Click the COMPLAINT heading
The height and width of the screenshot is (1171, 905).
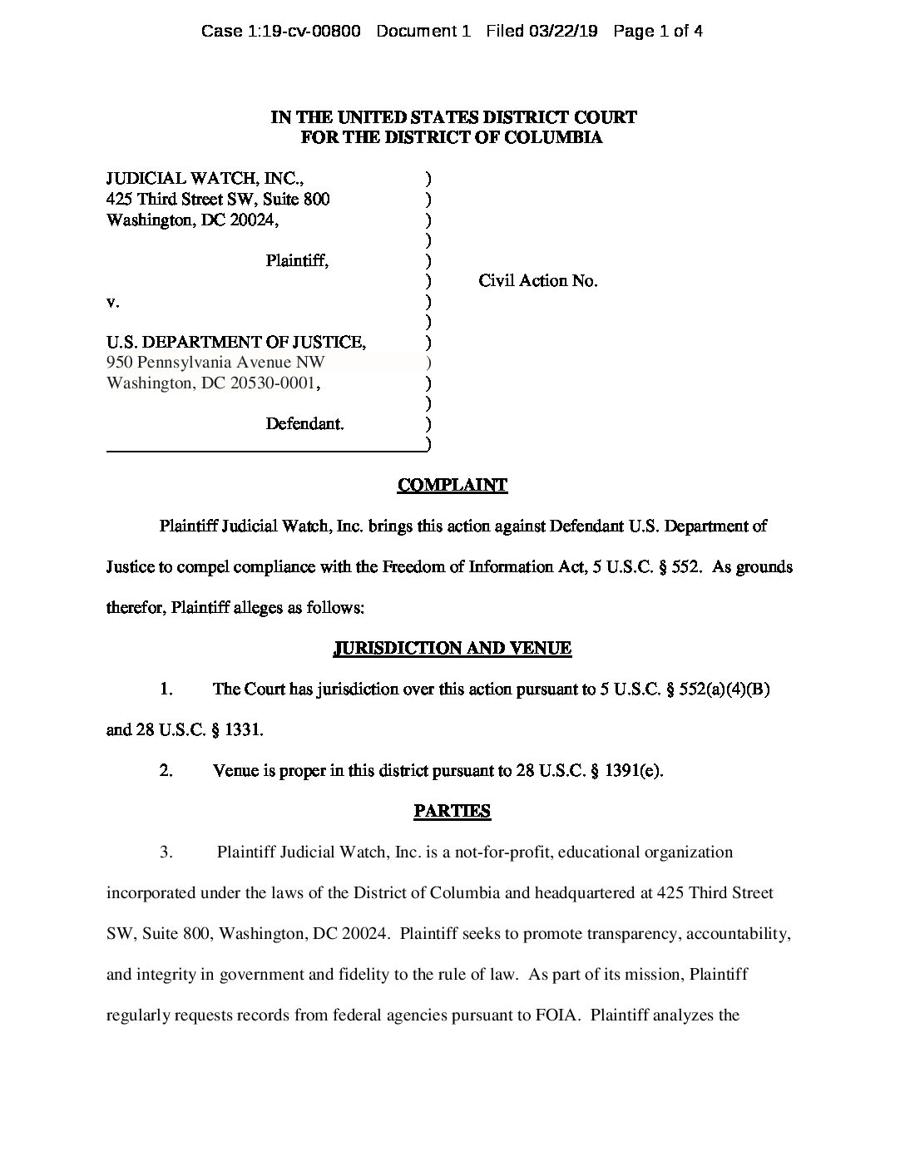[x=452, y=486]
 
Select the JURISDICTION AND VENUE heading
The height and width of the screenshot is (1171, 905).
[x=452, y=649]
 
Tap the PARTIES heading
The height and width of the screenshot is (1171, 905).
[x=452, y=812]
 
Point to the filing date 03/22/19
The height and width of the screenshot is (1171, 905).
[x=566, y=32]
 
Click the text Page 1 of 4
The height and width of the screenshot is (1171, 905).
[x=658, y=32]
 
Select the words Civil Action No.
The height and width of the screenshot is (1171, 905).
[x=537, y=281]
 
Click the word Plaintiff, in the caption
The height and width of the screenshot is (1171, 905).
[x=297, y=261]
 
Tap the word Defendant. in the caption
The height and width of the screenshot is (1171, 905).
[x=304, y=424]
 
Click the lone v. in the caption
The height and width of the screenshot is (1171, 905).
[x=112, y=302]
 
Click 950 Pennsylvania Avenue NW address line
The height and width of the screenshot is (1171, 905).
[x=215, y=363]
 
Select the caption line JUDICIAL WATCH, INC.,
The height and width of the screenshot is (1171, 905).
[x=199, y=178]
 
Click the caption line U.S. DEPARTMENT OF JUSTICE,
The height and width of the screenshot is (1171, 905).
[x=236, y=342]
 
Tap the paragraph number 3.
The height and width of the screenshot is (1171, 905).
[x=165, y=852]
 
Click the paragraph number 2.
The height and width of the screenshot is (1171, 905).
[x=166, y=771]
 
